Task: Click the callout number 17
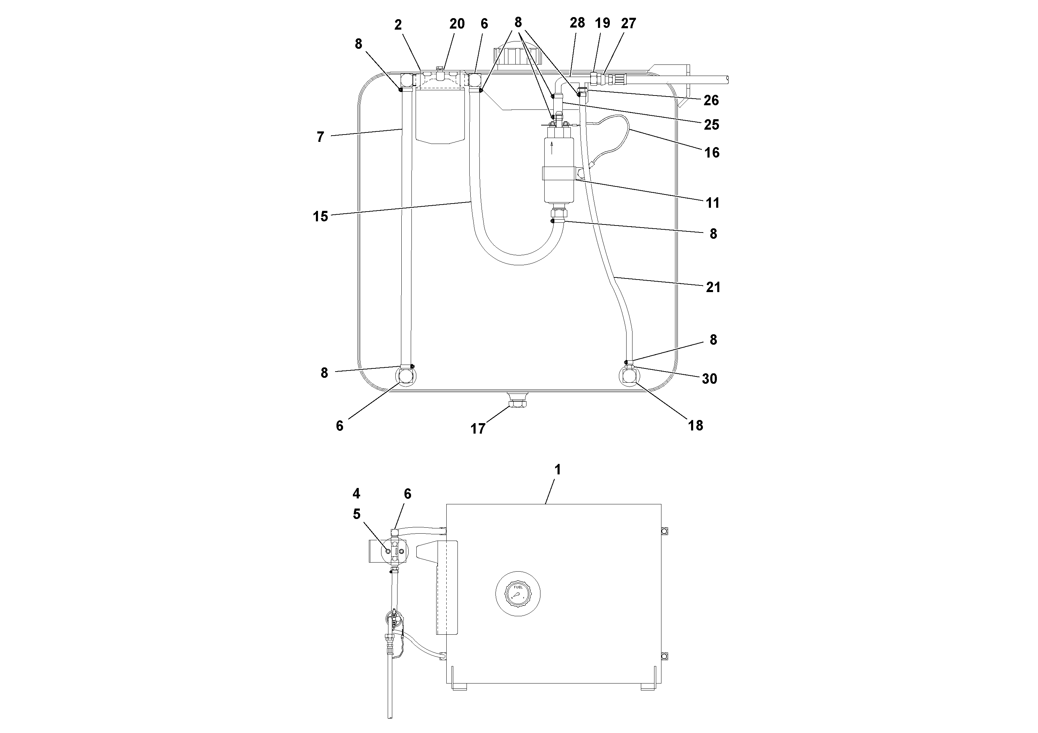coord(478,428)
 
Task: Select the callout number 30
coord(709,379)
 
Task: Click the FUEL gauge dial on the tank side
coord(518,593)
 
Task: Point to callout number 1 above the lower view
coord(558,469)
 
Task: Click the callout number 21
coord(713,287)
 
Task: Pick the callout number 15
coord(320,216)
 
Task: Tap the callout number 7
coord(320,137)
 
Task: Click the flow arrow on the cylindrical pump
coord(552,148)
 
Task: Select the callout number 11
coord(712,203)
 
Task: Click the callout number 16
coord(712,153)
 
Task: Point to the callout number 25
coord(711,125)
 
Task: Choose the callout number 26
coord(711,100)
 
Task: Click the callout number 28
coord(577,23)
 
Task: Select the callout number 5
coord(357,514)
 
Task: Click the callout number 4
coord(356,494)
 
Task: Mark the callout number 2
coord(398,25)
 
